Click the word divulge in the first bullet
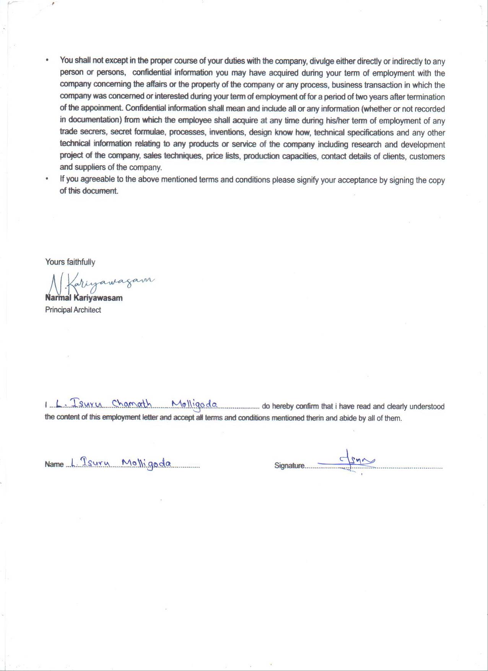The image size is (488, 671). pyautogui.click(x=322, y=61)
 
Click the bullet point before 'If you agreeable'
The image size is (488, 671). pyautogui.click(x=47, y=179)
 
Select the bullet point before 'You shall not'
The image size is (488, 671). pyautogui.click(x=47, y=60)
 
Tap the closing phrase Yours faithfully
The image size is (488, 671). pyautogui.click(x=70, y=262)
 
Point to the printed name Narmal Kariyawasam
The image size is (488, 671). pyautogui.click(x=84, y=298)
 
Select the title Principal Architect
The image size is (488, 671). pyautogui.click(x=73, y=310)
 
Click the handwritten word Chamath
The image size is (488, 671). pyautogui.click(x=132, y=404)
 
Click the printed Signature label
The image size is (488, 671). pyautogui.click(x=289, y=466)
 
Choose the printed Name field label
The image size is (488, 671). pyautogui.click(x=54, y=465)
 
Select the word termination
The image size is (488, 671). pyautogui.click(x=426, y=97)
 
